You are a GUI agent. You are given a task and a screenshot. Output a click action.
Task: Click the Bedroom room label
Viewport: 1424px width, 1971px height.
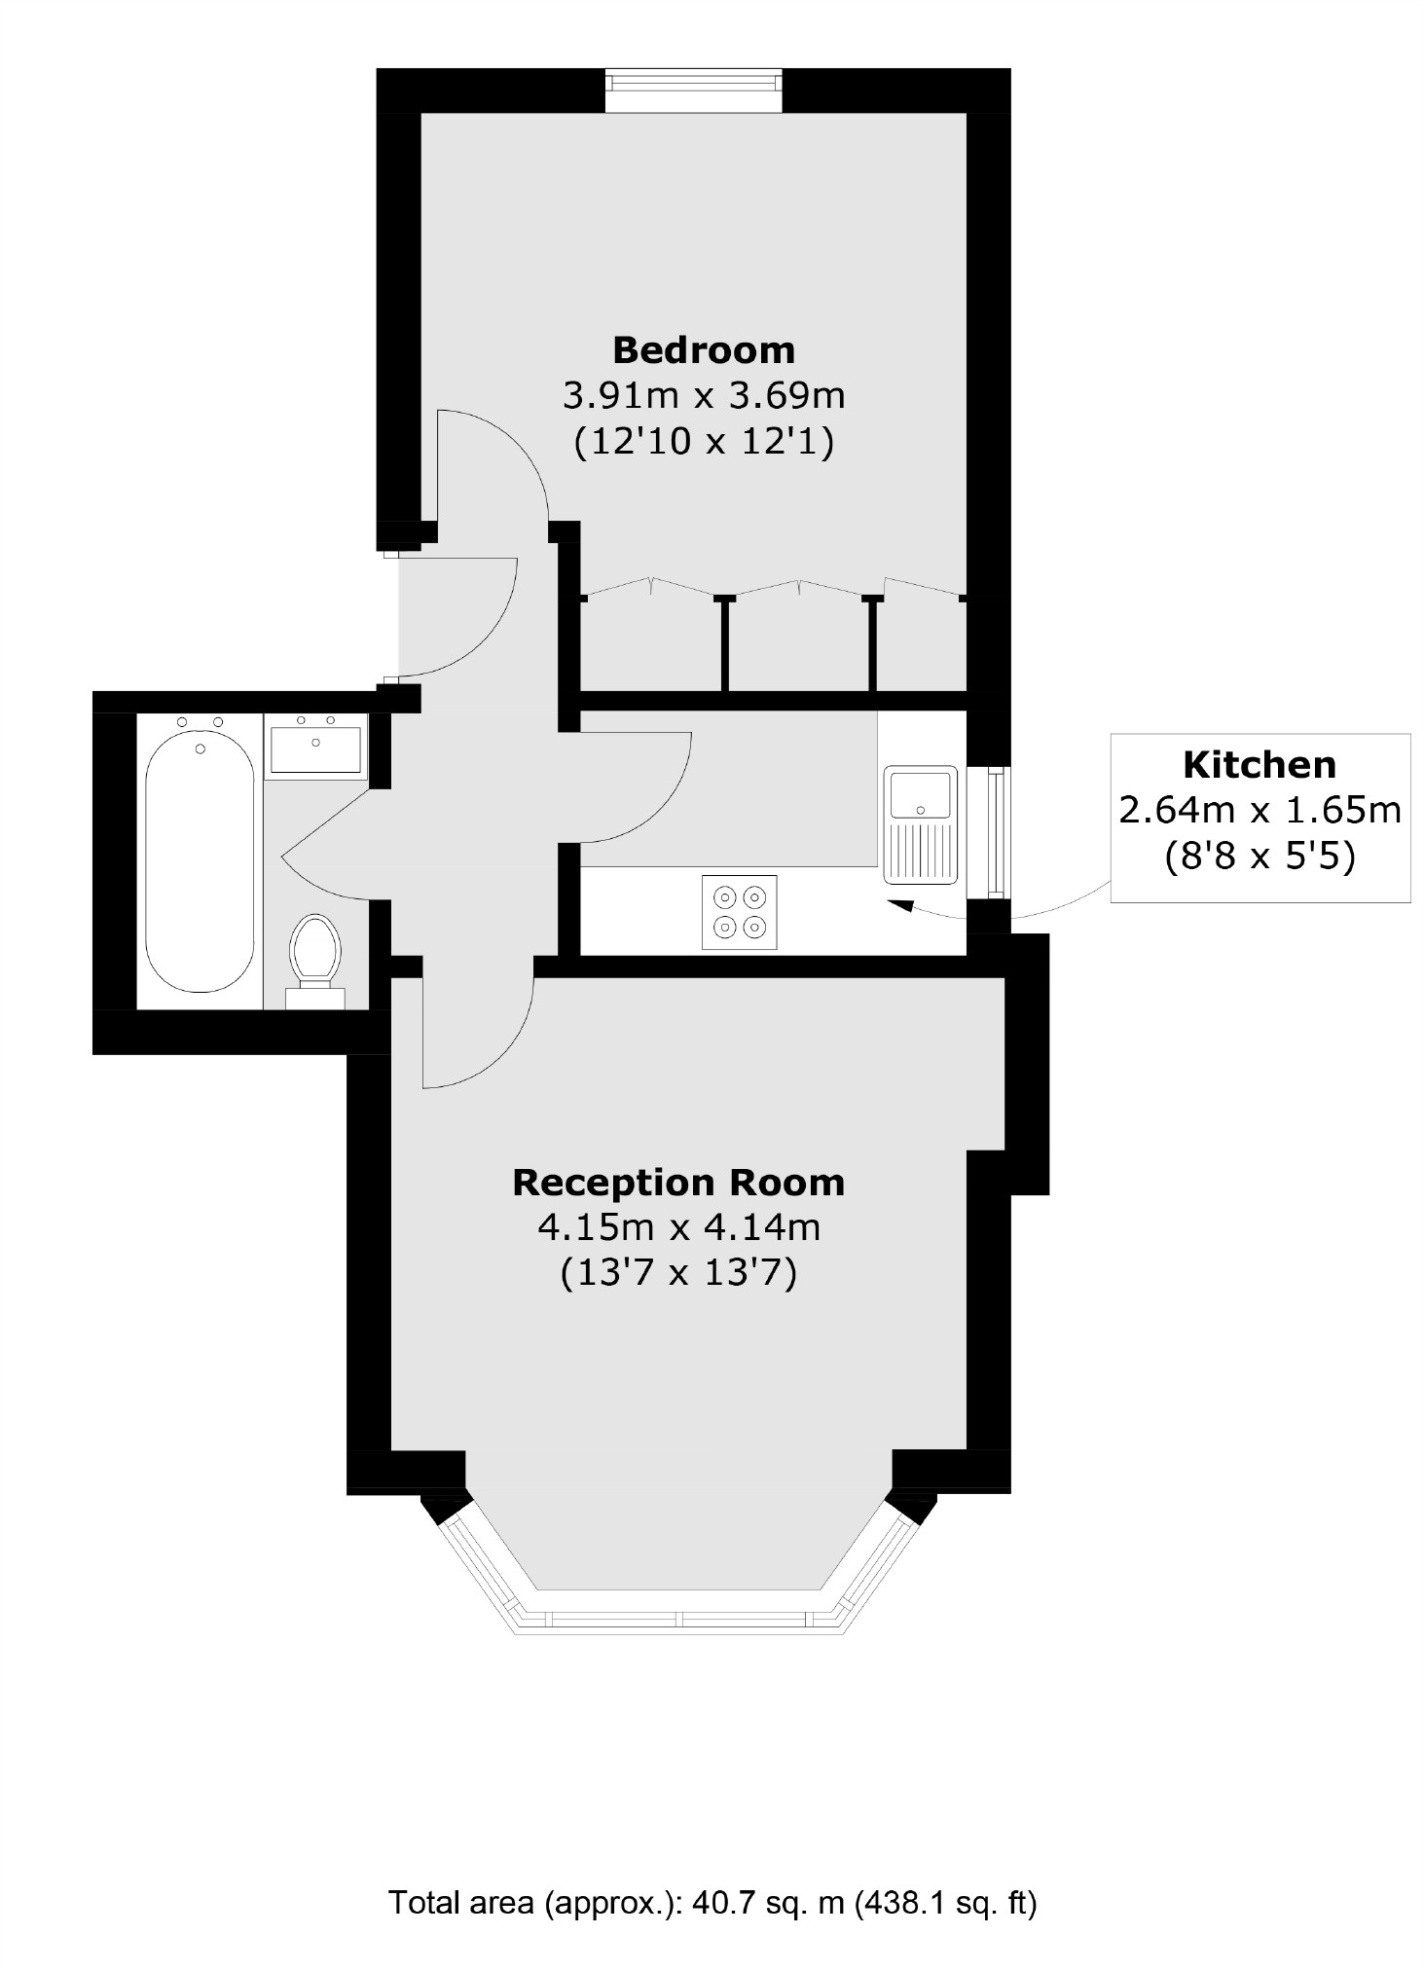click(703, 349)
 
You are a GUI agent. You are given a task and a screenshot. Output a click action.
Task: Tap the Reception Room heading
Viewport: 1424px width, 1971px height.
click(678, 1183)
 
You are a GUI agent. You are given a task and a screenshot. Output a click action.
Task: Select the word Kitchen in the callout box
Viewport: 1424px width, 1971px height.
click(1259, 765)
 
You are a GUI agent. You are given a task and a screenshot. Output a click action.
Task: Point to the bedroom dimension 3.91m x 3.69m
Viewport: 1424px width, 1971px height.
click(703, 396)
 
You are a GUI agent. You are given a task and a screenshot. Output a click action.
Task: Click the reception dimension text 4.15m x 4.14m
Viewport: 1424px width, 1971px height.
click(678, 1228)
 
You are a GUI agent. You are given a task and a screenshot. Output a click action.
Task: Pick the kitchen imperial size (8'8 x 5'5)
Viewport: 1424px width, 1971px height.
click(1259, 857)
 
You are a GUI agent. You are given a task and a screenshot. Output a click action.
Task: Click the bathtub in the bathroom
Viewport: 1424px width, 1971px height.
click(200, 862)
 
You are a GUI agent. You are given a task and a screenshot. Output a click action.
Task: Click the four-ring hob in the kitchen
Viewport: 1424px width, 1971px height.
click(739, 912)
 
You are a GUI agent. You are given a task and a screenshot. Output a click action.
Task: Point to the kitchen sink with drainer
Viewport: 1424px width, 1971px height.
click(920, 824)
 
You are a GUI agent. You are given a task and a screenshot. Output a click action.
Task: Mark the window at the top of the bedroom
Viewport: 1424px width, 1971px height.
click(693, 90)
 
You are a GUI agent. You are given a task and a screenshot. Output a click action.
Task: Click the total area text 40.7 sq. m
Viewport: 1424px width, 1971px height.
click(712, 1903)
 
